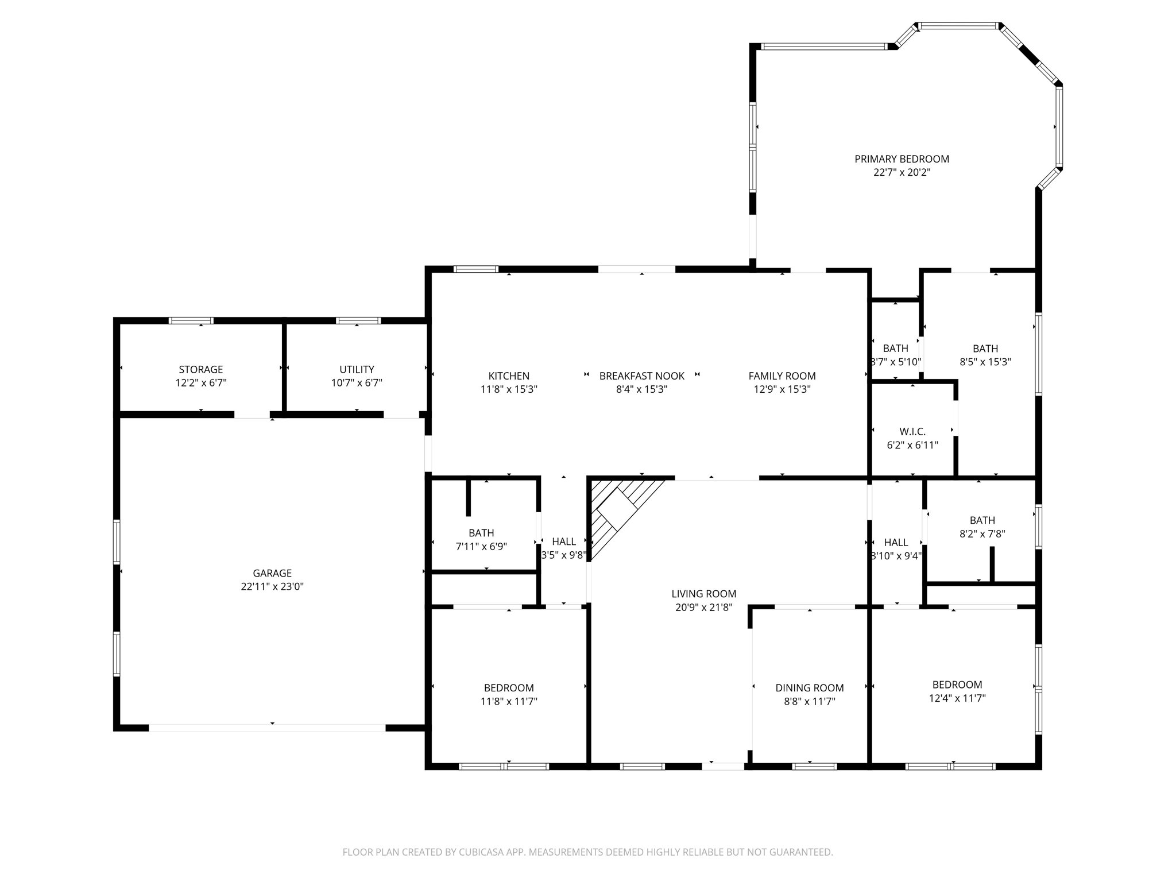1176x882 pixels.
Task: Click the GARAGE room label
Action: pos(272,573)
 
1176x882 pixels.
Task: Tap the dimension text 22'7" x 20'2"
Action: pos(902,172)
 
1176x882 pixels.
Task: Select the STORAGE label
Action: pos(200,369)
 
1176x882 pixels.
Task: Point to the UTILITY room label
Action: pos(357,369)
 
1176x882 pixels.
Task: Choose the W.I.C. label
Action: pos(912,431)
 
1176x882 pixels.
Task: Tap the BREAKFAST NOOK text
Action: pos(641,376)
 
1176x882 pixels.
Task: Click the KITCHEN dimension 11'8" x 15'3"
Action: pos(509,389)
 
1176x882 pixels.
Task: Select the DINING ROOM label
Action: pos(810,688)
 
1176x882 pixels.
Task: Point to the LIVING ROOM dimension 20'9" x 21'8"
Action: pos(703,608)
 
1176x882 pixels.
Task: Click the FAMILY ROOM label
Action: pos(782,376)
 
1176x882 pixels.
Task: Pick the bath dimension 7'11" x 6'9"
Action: pos(481,547)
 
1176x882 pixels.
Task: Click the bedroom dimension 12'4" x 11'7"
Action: pos(957,698)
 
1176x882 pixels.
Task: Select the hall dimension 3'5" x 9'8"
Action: pos(564,555)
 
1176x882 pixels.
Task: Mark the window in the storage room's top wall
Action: pos(191,320)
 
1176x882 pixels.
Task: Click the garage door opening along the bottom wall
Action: pos(267,728)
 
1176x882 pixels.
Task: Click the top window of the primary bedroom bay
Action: pos(958,26)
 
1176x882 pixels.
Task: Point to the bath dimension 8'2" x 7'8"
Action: pos(982,534)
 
